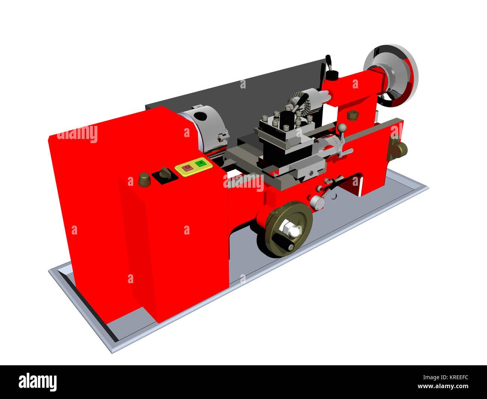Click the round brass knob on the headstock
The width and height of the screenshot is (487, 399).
tap(145, 179)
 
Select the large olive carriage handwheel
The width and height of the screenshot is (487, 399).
tap(288, 229)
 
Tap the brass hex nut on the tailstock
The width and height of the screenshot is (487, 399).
tap(352, 115)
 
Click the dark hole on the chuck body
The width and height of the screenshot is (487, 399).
tap(201, 116)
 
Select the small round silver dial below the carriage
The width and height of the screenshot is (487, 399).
tap(317, 203)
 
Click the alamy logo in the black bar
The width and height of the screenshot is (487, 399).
tap(38, 382)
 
